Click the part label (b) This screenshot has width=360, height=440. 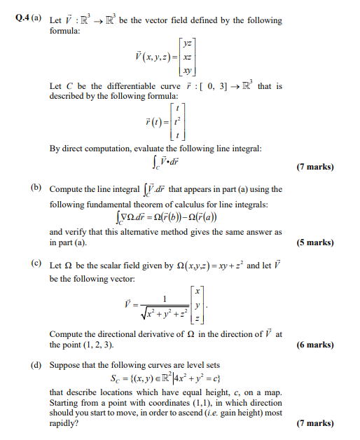click(35, 189)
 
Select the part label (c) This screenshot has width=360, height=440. click(35, 266)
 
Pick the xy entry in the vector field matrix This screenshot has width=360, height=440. click(188, 71)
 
